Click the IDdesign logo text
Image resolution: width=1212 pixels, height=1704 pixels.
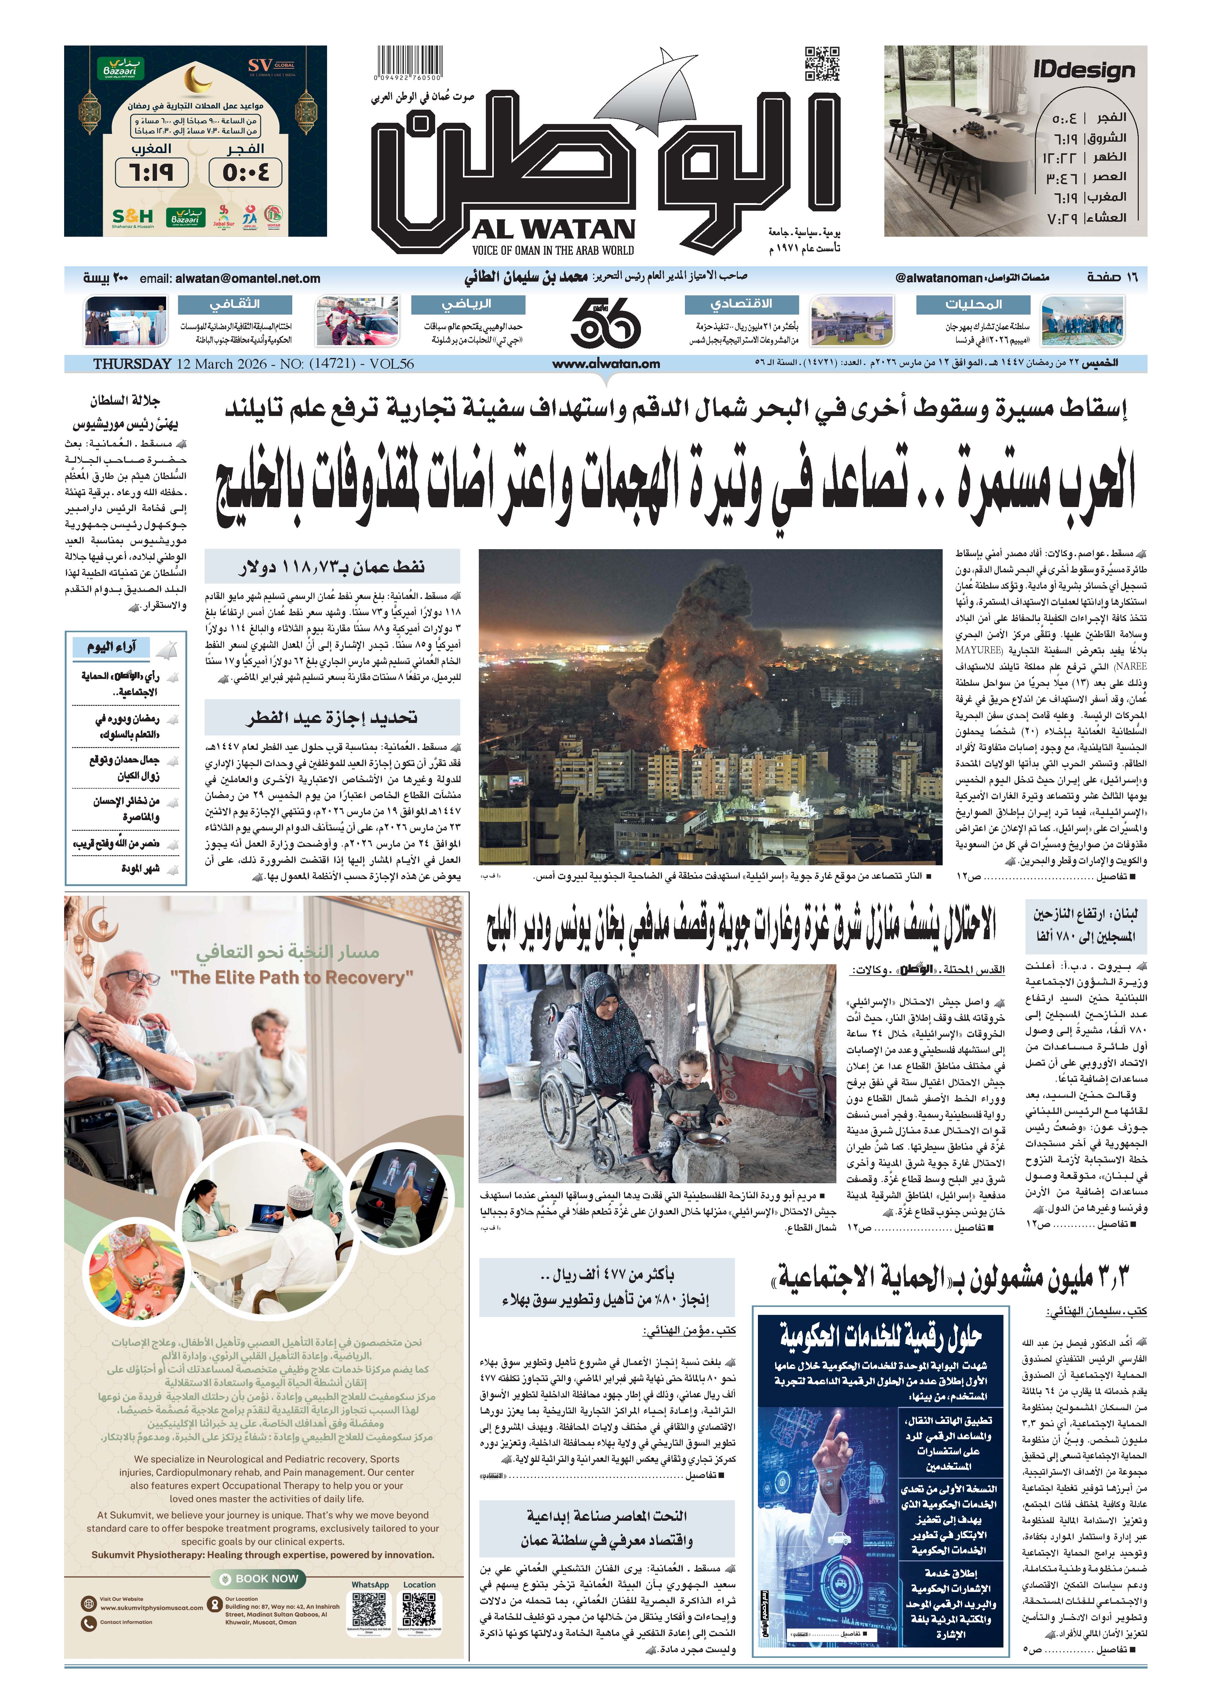(1084, 71)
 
